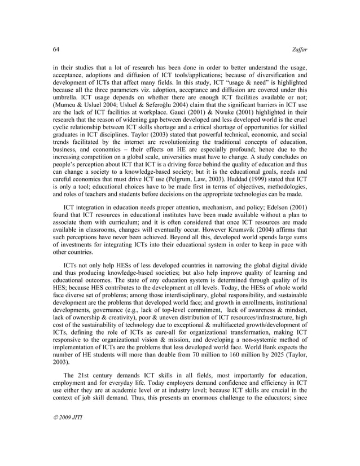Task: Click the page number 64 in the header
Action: pos(49,49)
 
